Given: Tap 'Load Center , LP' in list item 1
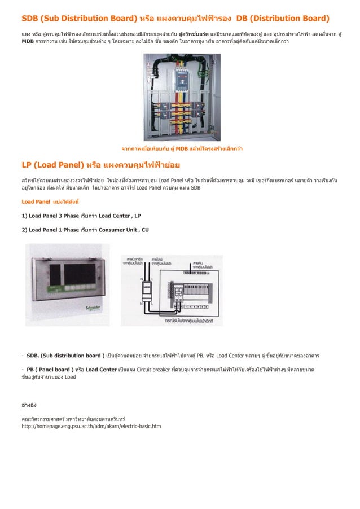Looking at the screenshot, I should coord(119,216).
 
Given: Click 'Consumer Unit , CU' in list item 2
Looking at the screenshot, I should coord(124,230).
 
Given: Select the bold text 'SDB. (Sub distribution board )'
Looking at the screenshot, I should coord(65,356).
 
